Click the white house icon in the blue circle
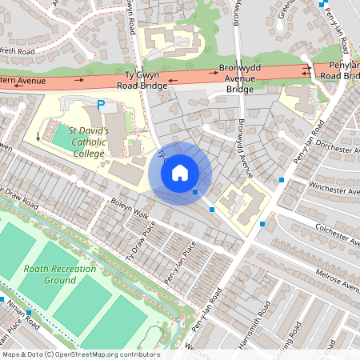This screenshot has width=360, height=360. tap(180, 172)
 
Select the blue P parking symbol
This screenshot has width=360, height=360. tap(101, 105)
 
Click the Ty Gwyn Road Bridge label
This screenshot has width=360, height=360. tap(141, 78)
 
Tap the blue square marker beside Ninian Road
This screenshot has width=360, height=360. tap(29, 312)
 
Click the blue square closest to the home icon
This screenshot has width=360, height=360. tap(195, 192)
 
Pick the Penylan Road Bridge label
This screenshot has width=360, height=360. tap(340, 70)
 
